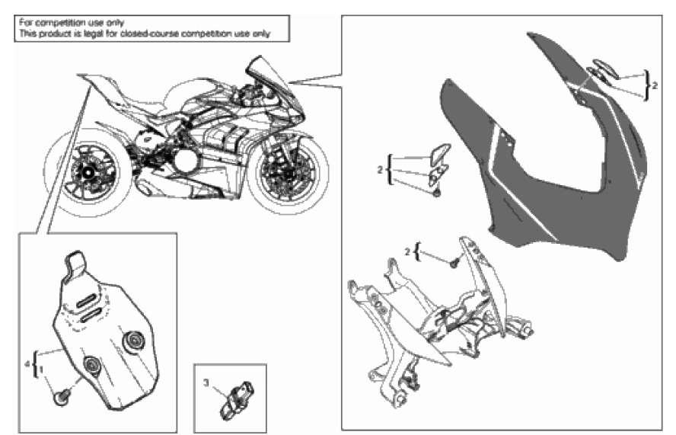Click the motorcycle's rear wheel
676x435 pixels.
tap(87, 173)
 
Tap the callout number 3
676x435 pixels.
tap(206, 382)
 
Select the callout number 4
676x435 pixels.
tap(27, 365)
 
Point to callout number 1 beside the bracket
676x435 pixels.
tap(41, 369)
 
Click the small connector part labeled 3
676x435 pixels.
tap(237, 401)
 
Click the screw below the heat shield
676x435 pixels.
tap(62, 396)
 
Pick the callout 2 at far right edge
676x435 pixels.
tap(655, 85)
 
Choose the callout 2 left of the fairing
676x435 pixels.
tap(380, 171)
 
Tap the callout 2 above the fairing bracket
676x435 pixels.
tap(407, 251)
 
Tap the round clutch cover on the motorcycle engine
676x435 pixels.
tap(187, 161)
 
